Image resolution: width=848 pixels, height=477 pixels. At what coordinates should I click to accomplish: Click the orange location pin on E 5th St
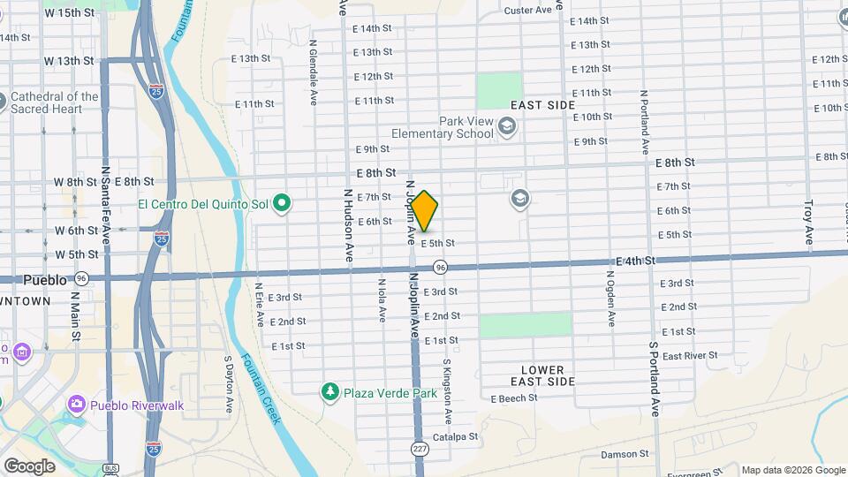click(x=425, y=211)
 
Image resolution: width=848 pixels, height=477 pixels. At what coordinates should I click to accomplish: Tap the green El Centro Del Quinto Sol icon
click(x=283, y=205)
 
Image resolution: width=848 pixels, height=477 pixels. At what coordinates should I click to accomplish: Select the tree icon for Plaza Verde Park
click(x=330, y=391)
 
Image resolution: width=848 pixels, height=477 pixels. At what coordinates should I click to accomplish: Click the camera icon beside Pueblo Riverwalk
click(x=77, y=405)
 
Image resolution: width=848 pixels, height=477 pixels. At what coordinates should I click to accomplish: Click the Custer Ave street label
click(x=527, y=11)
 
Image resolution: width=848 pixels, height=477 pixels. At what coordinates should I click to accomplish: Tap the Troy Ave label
click(x=807, y=223)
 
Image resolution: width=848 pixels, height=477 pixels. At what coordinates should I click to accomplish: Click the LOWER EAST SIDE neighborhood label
click(x=542, y=375)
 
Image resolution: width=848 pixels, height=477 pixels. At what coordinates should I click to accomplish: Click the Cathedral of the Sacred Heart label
click(x=55, y=102)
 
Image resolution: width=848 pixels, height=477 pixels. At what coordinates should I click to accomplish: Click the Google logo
click(x=30, y=466)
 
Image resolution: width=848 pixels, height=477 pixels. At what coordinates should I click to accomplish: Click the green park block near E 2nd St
click(x=525, y=324)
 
